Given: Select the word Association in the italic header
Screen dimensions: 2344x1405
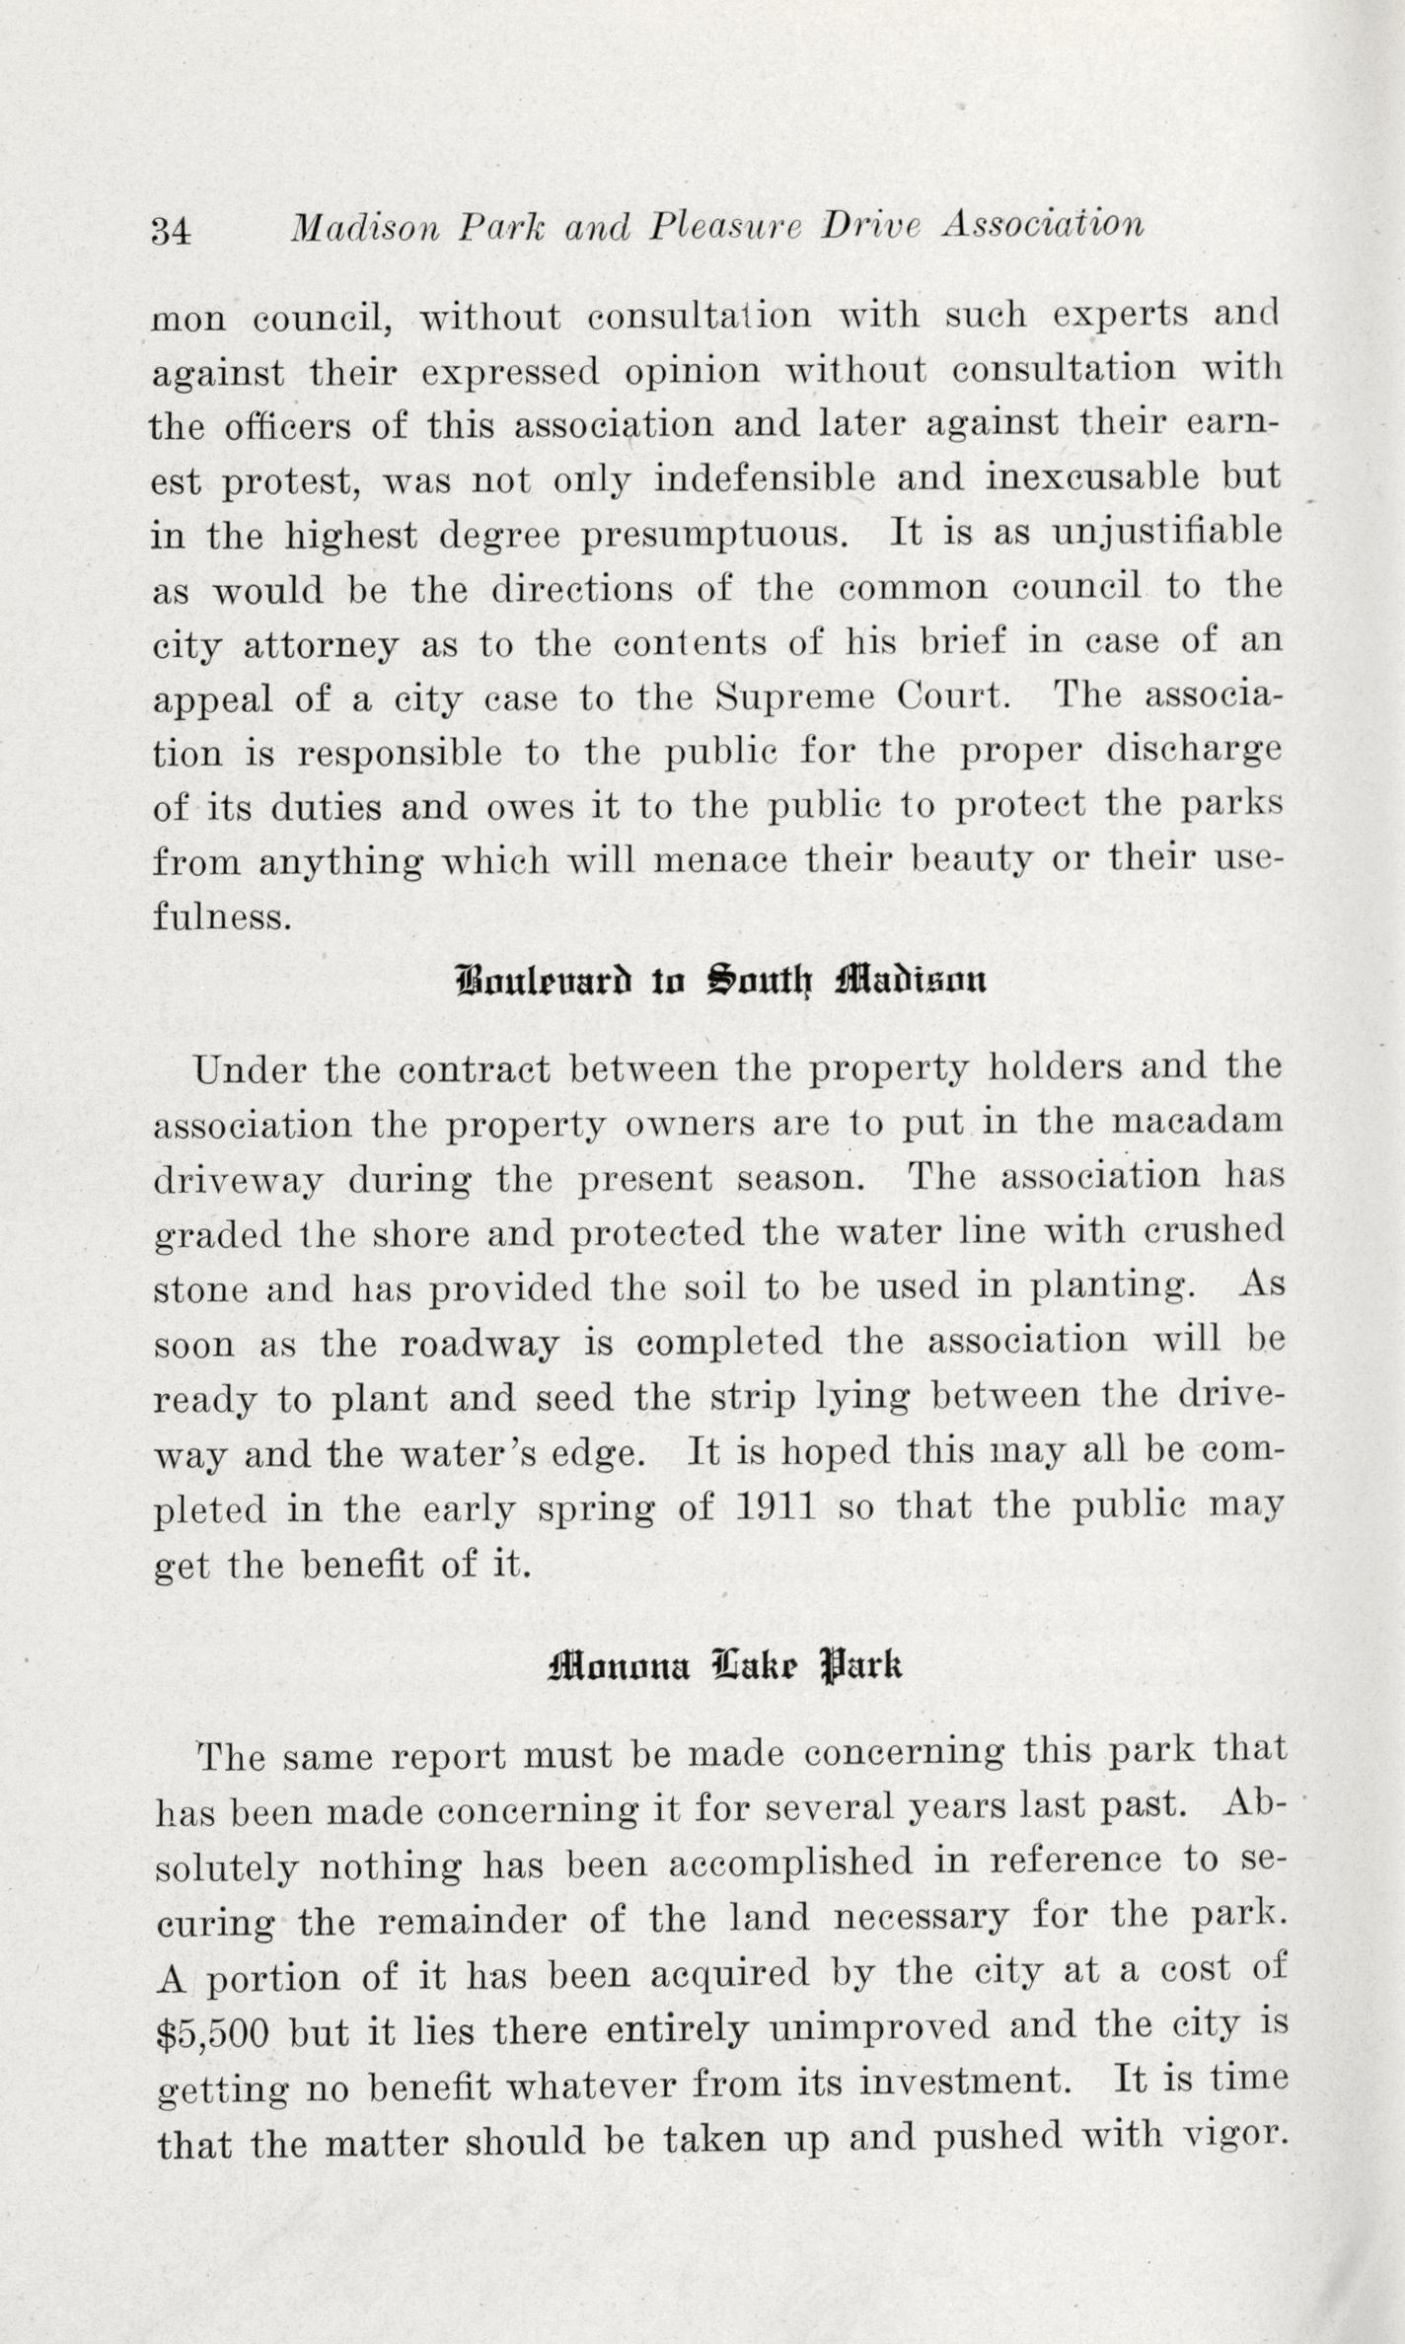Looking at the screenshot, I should point(1043,226).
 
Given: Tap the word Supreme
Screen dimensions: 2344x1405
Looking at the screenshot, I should point(795,698).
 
